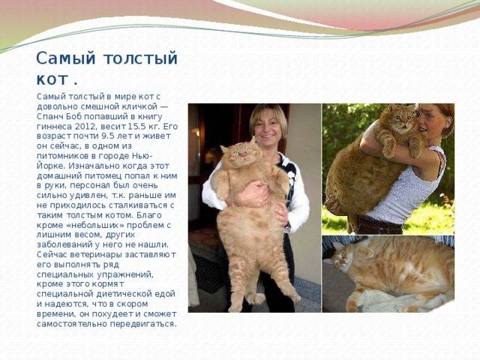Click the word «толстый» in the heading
(x=140, y=58)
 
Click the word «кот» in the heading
(x=52, y=80)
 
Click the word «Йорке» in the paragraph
(x=50, y=166)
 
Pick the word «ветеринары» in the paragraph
(x=96, y=255)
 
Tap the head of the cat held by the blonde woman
(x=241, y=154)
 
